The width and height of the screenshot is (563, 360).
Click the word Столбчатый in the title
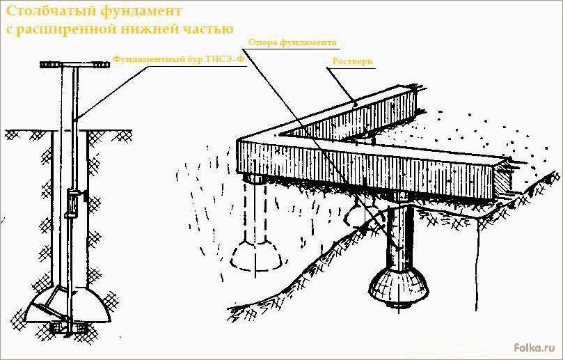point(50,12)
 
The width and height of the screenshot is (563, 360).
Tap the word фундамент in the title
point(141,12)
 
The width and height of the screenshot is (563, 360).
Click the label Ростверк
point(353,61)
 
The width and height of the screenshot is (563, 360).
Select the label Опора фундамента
point(292,42)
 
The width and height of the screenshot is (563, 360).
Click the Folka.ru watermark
point(534,347)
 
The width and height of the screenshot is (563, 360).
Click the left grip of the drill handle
point(50,65)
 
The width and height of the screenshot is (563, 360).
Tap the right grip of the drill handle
point(101,65)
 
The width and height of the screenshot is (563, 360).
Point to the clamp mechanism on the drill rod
point(74,203)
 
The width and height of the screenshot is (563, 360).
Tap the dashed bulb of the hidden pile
point(256,255)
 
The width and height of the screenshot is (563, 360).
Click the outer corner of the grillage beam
point(239,141)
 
